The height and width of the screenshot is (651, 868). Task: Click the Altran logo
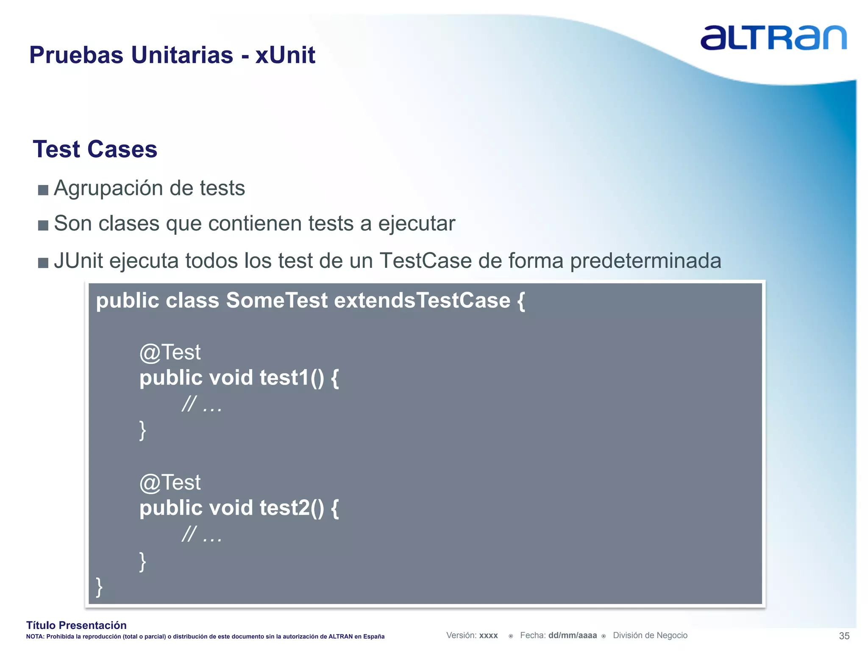[773, 37]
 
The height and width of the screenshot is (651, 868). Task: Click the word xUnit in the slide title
[285, 55]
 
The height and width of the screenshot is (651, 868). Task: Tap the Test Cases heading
[95, 149]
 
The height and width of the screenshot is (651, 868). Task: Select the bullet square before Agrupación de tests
[43, 189]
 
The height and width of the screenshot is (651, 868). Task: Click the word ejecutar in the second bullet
[417, 224]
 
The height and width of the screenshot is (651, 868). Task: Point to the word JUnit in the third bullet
[79, 260]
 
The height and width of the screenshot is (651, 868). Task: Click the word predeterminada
[645, 261]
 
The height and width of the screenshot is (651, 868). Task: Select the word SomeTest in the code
[277, 300]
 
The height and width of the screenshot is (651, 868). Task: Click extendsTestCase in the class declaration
[422, 300]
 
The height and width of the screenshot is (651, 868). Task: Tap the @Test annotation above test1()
[170, 353]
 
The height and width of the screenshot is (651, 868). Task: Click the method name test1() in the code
[292, 378]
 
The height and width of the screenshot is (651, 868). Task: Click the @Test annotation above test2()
[170, 483]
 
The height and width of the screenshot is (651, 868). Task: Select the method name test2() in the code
[292, 508]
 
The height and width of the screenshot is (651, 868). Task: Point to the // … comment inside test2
[202, 535]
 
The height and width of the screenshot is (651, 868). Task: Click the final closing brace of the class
[99, 587]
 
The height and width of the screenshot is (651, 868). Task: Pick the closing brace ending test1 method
[143, 431]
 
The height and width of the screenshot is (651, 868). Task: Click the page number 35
[844, 636]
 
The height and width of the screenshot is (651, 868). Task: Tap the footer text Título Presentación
[76, 625]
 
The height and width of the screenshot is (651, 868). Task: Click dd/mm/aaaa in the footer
[572, 635]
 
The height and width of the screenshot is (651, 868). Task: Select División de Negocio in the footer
[650, 635]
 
